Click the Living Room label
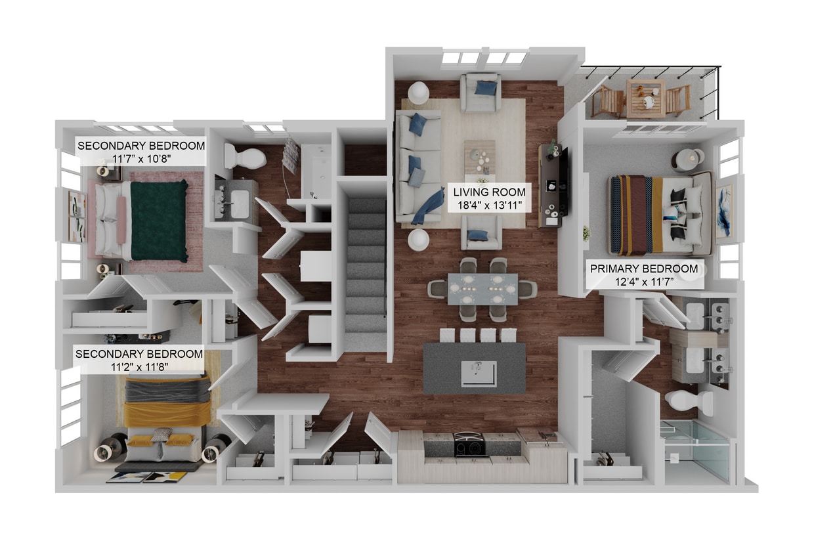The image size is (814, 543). click(x=489, y=198)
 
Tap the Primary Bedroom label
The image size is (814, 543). click(x=643, y=274)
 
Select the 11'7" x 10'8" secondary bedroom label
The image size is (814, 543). click(x=141, y=152)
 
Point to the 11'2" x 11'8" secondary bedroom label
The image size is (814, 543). click(x=139, y=360)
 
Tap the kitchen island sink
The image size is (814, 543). click(x=479, y=373)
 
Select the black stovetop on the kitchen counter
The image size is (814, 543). click(x=470, y=445)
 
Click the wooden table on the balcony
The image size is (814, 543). click(x=645, y=97)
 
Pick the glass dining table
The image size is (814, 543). click(x=482, y=289)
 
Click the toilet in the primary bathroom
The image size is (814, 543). click(x=687, y=402)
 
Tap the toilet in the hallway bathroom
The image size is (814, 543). click(x=244, y=157)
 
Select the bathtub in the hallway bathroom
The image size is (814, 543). click(x=317, y=170)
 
